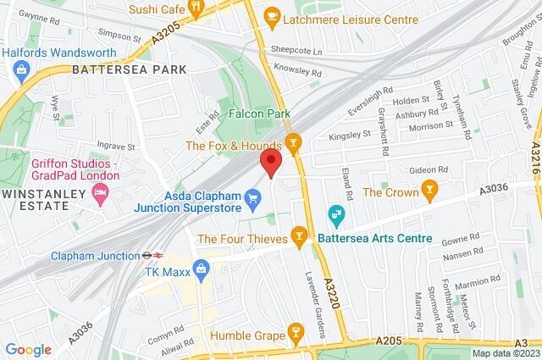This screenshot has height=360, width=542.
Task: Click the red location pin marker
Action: point(270,163)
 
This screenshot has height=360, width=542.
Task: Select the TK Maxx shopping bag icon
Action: point(201,271)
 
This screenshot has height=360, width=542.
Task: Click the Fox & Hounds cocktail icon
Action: point(294,144)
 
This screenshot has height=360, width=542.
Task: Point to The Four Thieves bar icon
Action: point(298,235)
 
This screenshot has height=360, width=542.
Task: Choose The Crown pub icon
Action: point(430,191)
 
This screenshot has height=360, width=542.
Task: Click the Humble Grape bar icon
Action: point(294,331)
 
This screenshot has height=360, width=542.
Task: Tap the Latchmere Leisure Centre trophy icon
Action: point(272,14)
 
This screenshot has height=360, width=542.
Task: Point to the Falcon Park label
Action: point(259,113)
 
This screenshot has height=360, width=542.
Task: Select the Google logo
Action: point(28,349)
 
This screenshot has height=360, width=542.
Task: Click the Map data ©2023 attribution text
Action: point(505,353)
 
